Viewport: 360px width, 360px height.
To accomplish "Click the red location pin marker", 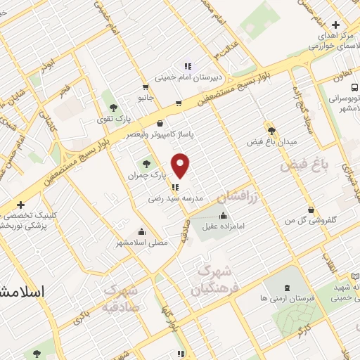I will click(181, 165).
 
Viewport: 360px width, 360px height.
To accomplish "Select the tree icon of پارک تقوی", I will click(113, 108).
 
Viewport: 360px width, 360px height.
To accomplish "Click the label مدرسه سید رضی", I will click(175, 199).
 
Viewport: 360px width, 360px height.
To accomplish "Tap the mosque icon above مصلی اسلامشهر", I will click(142, 231).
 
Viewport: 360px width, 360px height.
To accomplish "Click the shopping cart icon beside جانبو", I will click(146, 88).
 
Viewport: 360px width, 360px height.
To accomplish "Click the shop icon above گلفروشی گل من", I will click(311, 209).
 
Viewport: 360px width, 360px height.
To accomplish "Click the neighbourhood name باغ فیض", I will click(305, 167).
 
